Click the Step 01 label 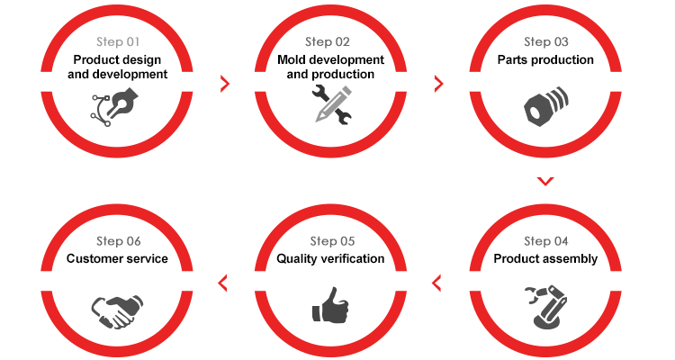(118, 41)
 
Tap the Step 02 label (328, 41)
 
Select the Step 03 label (546, 41)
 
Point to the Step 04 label (546, 241)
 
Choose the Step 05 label (332, 241)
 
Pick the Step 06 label (119, 241)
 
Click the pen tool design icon (114, 107)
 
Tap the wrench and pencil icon (332, 104)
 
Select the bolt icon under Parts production (546, 106)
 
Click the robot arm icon (546, 307)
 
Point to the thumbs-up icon (330, 305)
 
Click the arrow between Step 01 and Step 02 (225, 84)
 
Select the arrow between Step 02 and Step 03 (438, 84)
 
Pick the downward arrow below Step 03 (545, 181)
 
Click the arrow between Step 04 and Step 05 (436, 283)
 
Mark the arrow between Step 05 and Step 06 (222, 283)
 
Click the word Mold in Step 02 (291, 59)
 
